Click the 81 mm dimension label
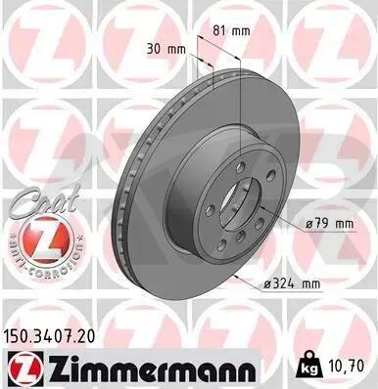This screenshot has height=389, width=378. click(x=231, y=31)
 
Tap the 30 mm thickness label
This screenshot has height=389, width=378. click(x=166, y=50)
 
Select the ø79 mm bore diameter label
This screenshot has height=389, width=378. click(x=329, y=224)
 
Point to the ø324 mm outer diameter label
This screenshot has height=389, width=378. click(x=292, y=284)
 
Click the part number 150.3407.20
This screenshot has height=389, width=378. click(x=49, y=336)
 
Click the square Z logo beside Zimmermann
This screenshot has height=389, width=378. click(x=24, y=367)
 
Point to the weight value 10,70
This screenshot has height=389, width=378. click(x=347, y=367)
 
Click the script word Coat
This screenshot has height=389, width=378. click(x=45, y=200)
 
